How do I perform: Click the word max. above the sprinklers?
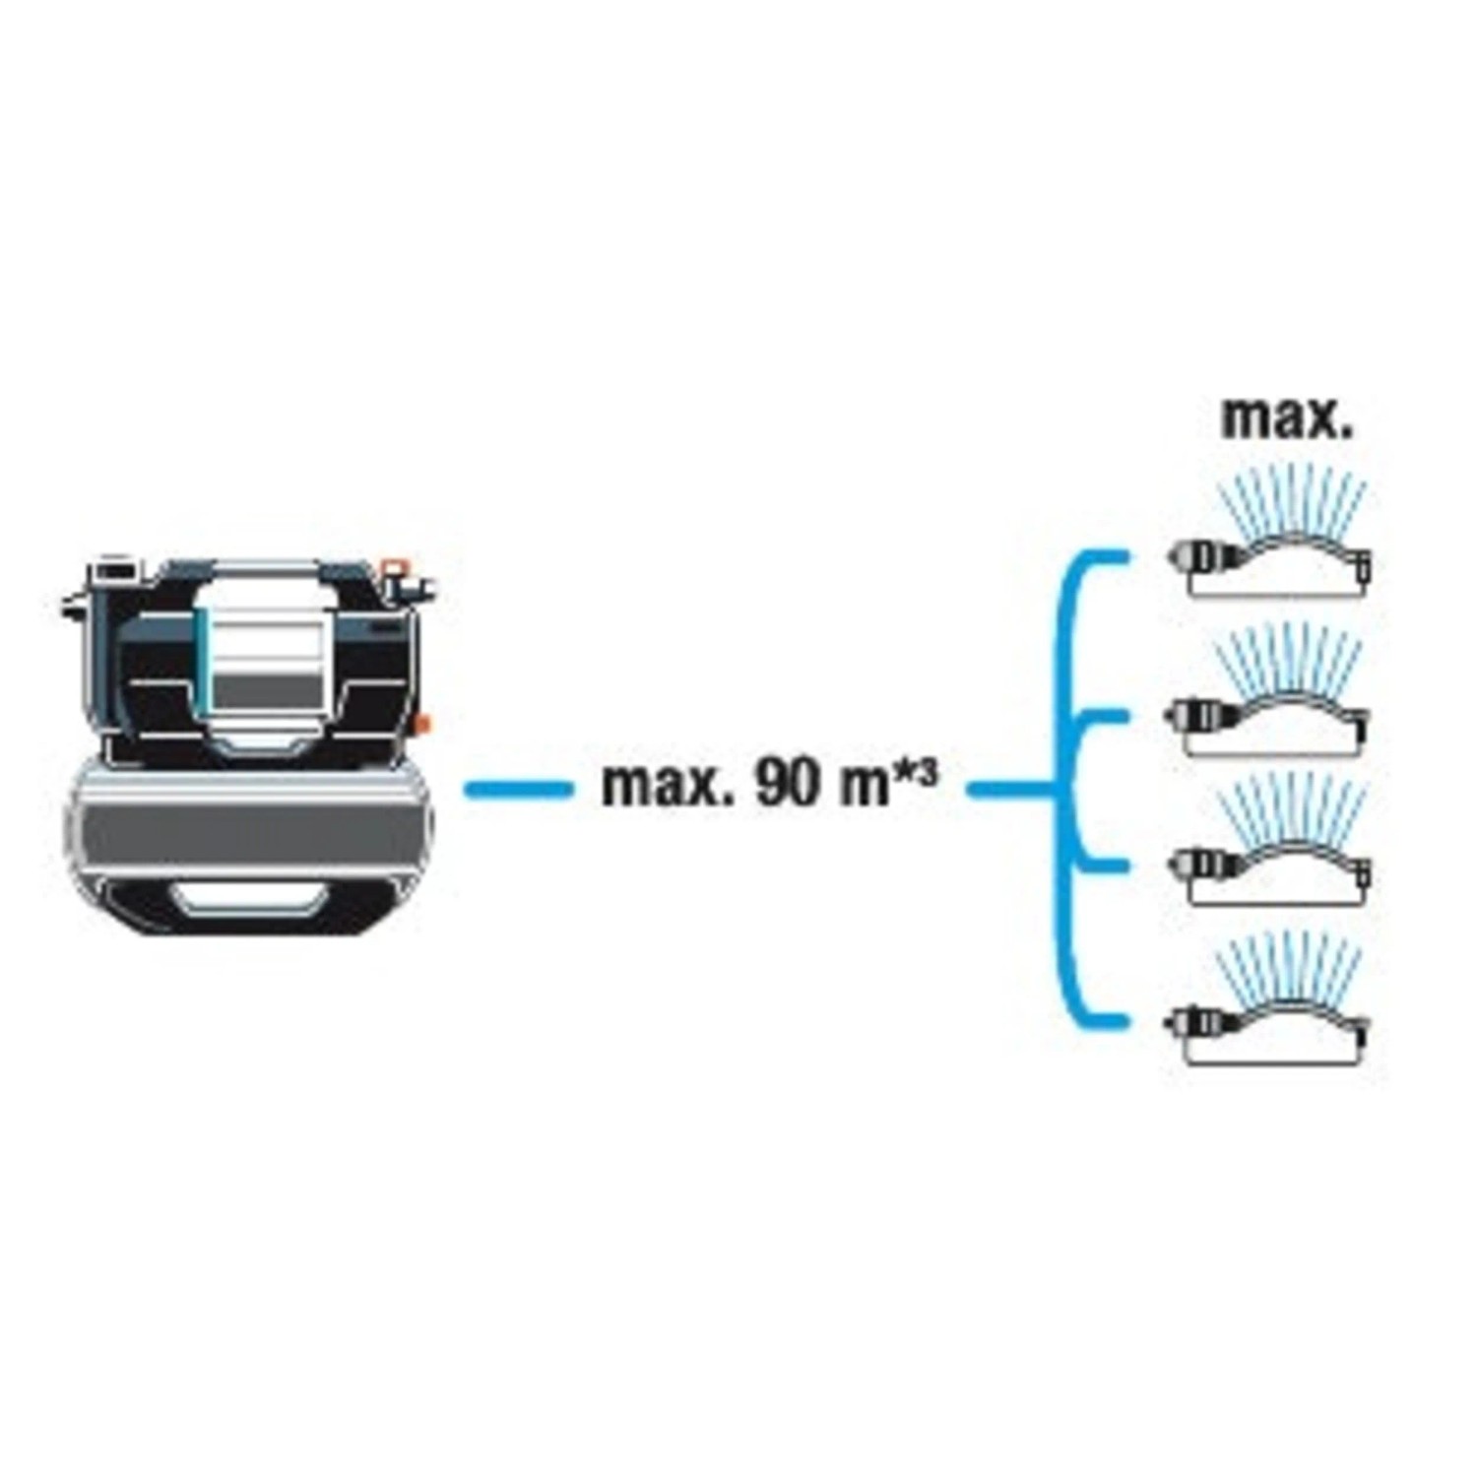pyautogui.click(x=1287, y=419)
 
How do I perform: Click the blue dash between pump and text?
pyautogui.click(x=518, y=789)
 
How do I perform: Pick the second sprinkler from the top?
pyautogui.click(x=1270, y=689)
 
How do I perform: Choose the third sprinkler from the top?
pyautogui.click(x=1270, y=842)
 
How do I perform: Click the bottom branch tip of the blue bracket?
pyautogui.click(x=1125, y=1020)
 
